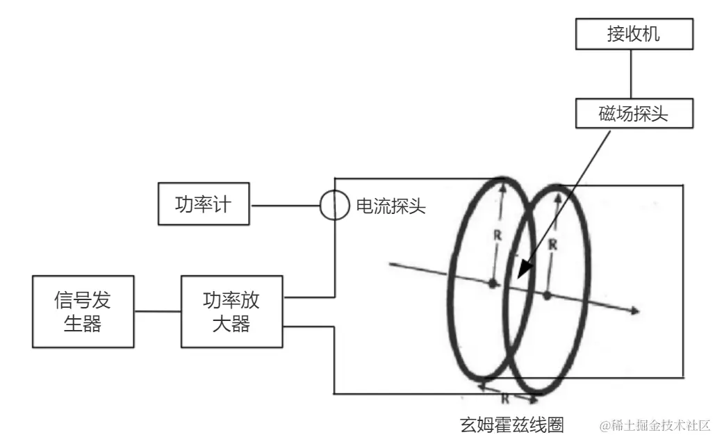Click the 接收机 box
tap(633, 34)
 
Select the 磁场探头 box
tap(633, 113)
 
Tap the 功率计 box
tap(204, 204)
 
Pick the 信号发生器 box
tap(83, 312)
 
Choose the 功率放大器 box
tap(232, 312)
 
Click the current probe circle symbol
tap(334, 205)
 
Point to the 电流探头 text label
tap(391, 206)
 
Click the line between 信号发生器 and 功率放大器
tap(157, 312)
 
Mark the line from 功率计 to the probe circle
tap(284, 205)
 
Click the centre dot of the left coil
tap(493, 283)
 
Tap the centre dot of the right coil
tap(547, 295)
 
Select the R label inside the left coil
tap(498, 235)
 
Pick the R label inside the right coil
tap(552, 244)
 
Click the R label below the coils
tap(507, 399)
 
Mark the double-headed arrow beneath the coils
tap(507, 390)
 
